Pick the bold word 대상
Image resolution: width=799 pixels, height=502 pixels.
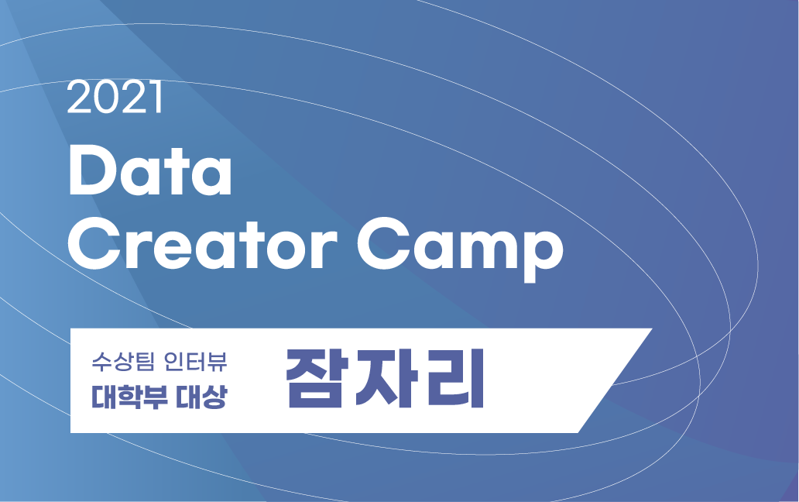(202, 397)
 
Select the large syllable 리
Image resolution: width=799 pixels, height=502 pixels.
(453, 380)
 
